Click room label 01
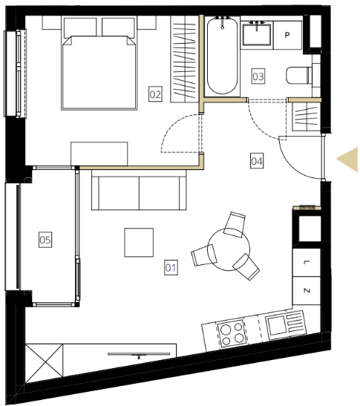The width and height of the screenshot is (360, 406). (x=171, y=267)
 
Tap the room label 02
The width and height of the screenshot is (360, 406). (x=155, y=94)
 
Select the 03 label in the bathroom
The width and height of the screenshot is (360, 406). (x=258, y=76)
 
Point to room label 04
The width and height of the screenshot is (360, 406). (x=257, y=161)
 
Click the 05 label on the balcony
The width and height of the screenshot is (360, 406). (x=45, y=240)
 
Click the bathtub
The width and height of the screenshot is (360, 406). (x=222, y=55)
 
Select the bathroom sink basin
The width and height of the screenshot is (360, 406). (x=257, y=34)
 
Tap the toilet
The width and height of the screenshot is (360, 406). (x=299, y=76)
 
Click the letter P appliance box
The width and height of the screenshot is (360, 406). (x=287, y=35)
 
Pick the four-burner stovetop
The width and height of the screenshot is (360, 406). (x=232, y=333)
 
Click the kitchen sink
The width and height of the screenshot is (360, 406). (x=277, y=324)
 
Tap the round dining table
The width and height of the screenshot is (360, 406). (x=229, y=249)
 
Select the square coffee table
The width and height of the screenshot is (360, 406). (x=139, y=243)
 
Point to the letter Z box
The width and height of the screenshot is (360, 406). (x=307, y=290)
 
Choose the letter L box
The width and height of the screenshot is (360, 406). (x=307, y=263)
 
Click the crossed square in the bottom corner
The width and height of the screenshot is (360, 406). (x=45, y=363)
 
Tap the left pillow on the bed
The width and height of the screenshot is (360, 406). (x=80, y=27)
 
